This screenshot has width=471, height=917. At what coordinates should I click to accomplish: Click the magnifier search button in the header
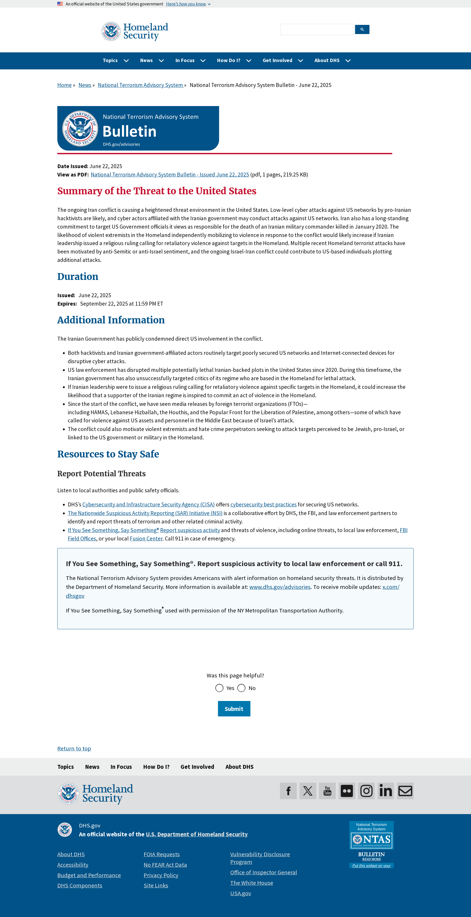point(362,30)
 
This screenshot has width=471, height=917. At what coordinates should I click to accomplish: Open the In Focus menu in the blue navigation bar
point(190,60)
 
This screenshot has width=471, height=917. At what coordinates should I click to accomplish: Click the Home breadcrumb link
point(64,85)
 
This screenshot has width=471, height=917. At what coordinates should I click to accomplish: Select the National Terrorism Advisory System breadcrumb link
point(140,85)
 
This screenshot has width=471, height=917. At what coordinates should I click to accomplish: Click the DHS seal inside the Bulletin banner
point(80,128)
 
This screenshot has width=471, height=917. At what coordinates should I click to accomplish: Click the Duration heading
point(77,277)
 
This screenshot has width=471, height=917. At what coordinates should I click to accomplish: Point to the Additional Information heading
point(111,320)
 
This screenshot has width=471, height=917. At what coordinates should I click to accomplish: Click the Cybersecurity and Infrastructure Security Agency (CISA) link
point(148,504)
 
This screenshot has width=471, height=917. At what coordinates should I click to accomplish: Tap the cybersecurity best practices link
point(263,504)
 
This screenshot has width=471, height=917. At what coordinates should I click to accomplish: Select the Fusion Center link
point(146,539)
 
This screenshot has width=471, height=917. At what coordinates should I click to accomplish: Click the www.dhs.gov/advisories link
point(280,587)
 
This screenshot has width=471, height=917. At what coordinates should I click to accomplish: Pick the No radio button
point(242,688)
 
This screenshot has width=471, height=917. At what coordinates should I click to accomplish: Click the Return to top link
point(74,749)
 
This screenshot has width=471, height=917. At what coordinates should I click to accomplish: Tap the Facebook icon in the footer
point(288,791)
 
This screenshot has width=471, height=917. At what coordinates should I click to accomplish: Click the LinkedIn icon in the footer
point(386,791)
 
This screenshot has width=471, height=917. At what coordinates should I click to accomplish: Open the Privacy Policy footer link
point(161,875)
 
